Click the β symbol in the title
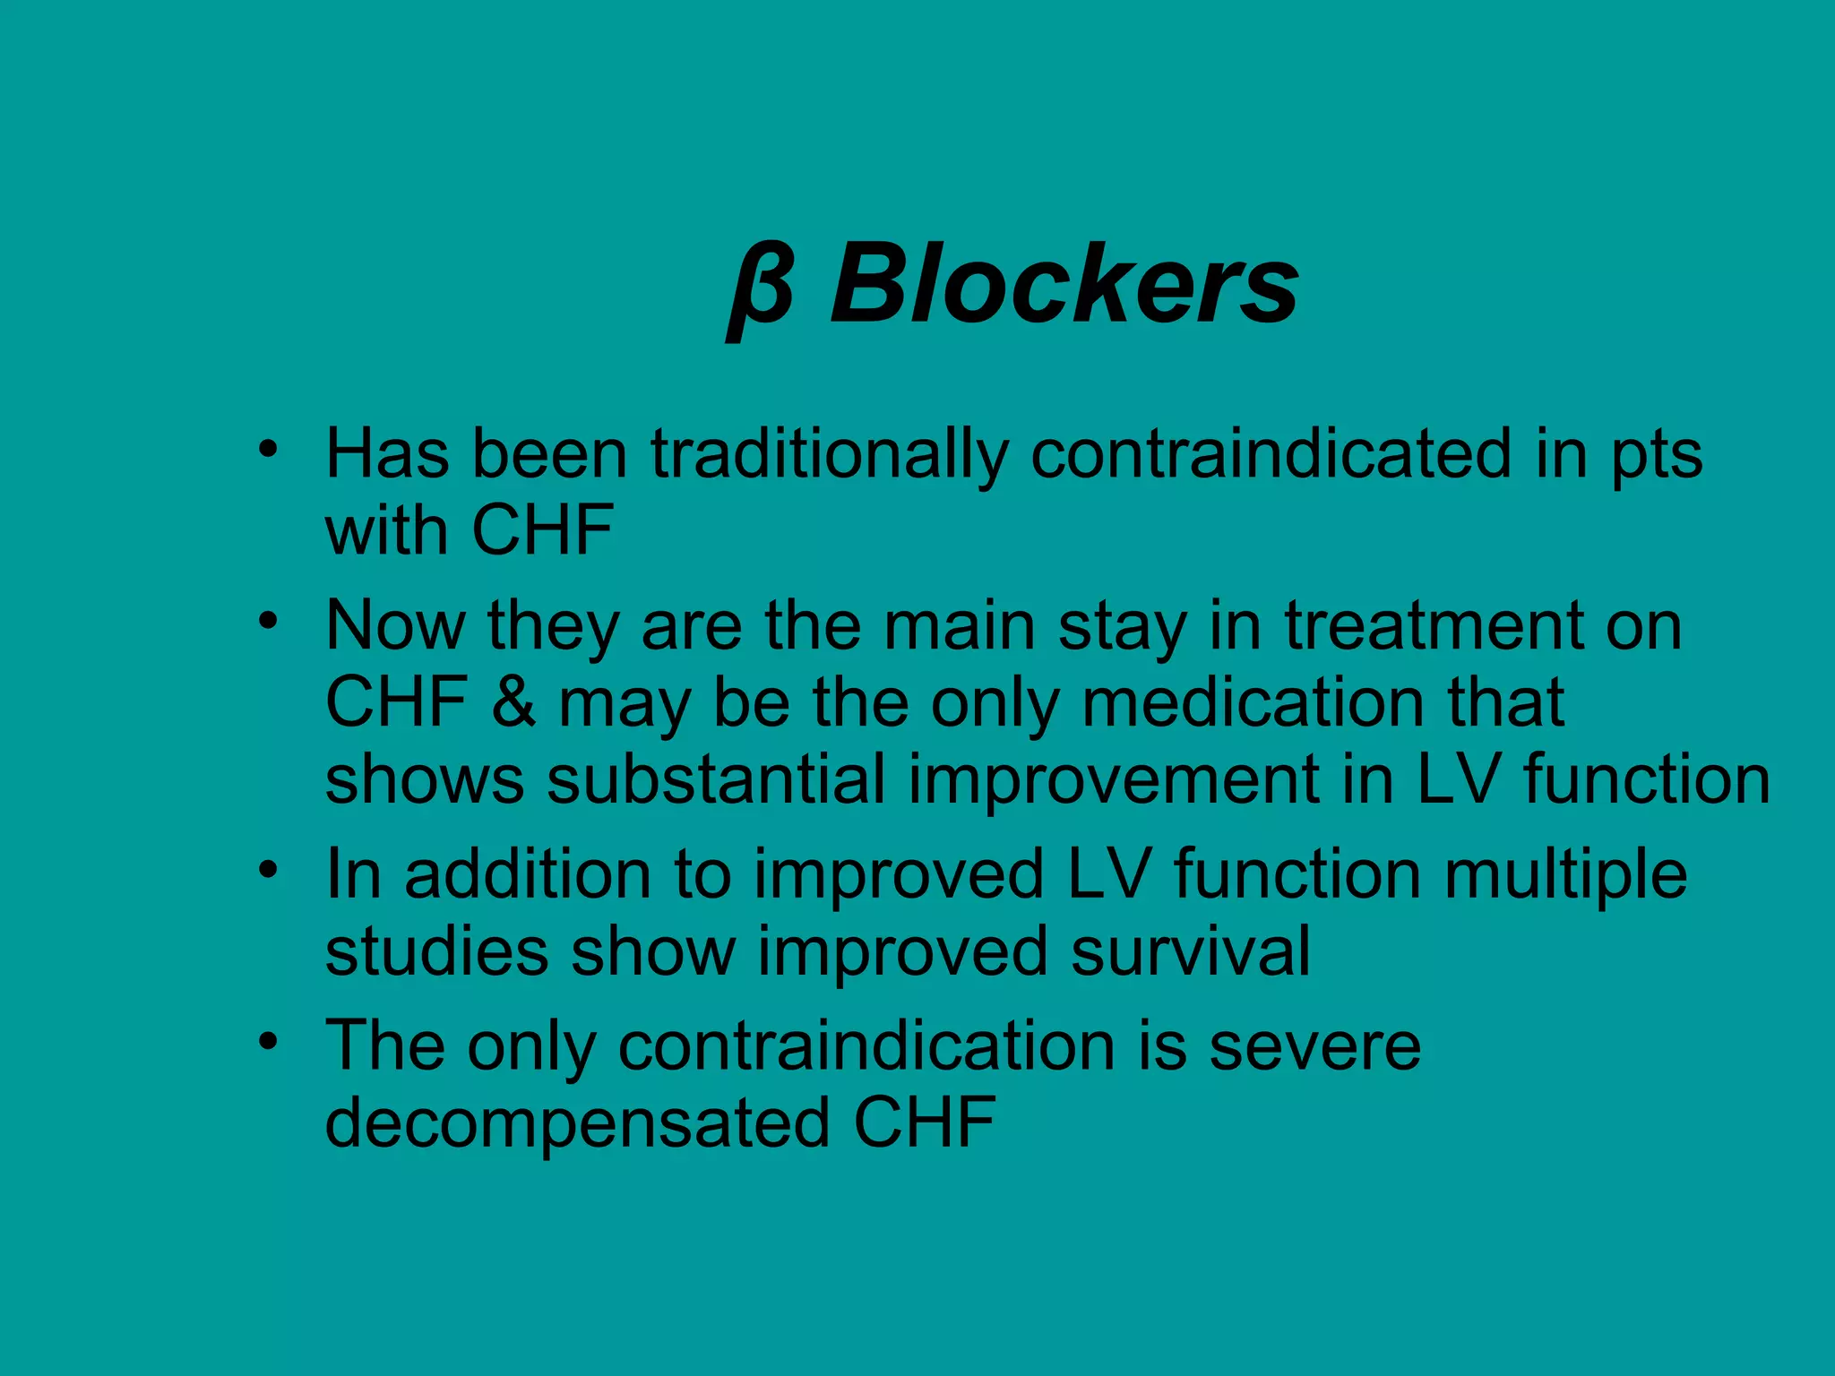(761, 288)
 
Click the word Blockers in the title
(1064, 285)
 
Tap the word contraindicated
(1271, 454)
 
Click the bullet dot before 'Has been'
(267, 448)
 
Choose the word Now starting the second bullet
(395, 625)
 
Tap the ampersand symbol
(513, 702)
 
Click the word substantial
(716, 779)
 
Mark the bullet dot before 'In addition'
(267, 868)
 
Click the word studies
(436, 951)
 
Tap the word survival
(1191, 951)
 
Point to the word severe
(1314, 1046)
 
